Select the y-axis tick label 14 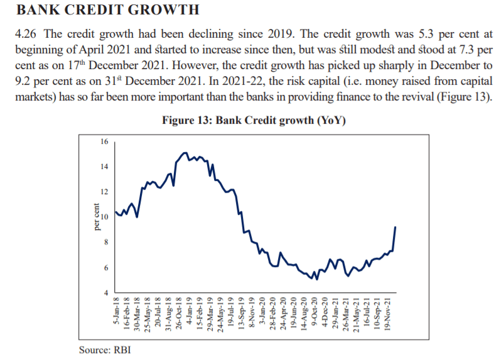[104, 166]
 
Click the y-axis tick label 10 [104, 217]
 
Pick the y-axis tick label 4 [105, 293]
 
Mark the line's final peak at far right [395, 227]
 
